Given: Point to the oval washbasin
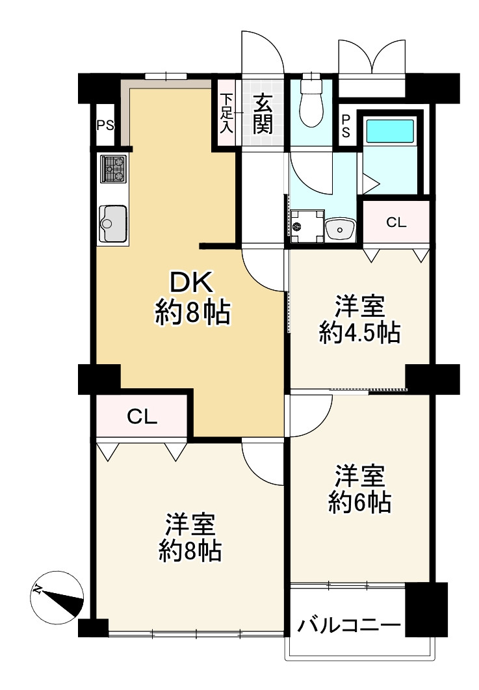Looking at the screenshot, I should point(340,228).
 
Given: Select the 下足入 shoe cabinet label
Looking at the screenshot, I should point(226,114).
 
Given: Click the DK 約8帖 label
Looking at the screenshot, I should point(192,298).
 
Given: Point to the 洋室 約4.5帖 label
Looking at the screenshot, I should point(359,320).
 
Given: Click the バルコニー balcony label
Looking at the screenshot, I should point(348,626).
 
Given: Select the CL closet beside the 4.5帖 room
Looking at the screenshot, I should point(396,222).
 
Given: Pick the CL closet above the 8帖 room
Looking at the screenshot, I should point(142,417).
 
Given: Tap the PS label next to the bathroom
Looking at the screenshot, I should point(346,126).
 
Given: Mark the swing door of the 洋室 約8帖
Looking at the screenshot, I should point(264,462).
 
